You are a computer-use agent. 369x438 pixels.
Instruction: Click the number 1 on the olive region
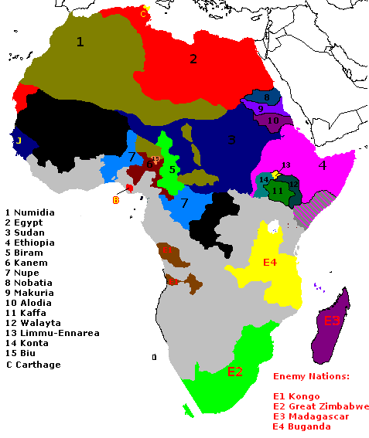[79, 42]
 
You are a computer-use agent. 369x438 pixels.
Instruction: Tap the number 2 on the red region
[193, 58]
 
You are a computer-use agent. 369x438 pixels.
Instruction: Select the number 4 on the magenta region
[322, 165]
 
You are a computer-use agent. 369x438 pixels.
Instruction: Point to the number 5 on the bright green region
[173, 169]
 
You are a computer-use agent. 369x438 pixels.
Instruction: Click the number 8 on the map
[266, 97]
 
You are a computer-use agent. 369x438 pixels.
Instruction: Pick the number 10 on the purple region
[273, 121]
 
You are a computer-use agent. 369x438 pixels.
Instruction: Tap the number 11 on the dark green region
[277, 191]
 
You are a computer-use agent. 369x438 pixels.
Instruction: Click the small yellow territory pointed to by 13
[275, 173]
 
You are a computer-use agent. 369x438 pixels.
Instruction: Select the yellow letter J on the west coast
[18, 141]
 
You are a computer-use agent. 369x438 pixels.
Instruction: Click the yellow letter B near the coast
[116, 200]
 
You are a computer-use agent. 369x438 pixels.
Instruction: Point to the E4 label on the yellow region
[270, 263]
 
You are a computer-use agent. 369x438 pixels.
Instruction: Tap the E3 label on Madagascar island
[332, 321]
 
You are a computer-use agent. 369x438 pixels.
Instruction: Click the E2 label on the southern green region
[235, 372]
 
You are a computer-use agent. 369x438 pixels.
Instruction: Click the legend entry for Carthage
[38, 364]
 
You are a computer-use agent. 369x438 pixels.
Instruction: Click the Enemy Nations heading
[312, 377]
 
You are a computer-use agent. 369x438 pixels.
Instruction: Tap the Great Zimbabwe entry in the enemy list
[320, 406]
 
